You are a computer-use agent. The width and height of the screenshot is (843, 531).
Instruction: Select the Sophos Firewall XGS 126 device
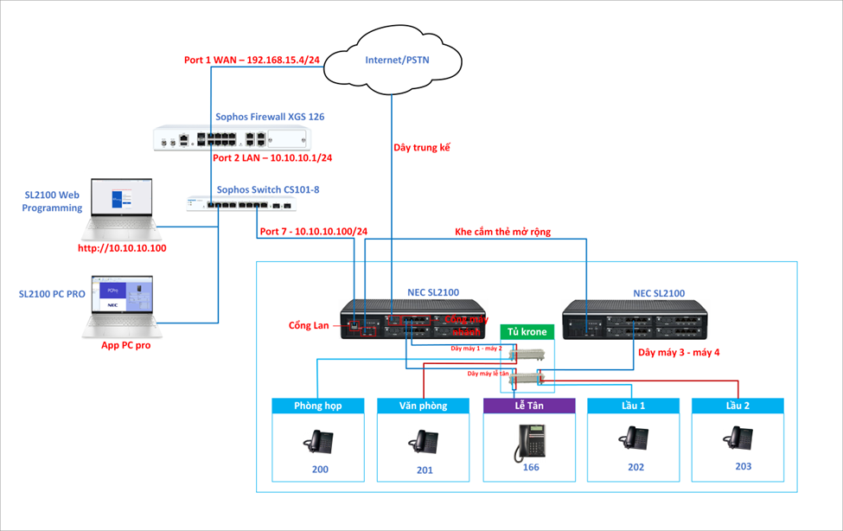232,138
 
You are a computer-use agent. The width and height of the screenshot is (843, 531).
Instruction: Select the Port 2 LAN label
273,158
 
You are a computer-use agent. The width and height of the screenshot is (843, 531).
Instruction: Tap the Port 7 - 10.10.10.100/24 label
313,232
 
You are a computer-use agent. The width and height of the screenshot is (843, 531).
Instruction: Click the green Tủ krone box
527,332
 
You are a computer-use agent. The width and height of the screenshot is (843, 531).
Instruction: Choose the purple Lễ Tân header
528,406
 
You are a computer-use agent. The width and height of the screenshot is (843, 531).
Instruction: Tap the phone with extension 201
423,443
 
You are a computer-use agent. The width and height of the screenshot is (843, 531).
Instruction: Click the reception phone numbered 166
528,440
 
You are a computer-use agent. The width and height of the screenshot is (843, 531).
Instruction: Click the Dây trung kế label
422,148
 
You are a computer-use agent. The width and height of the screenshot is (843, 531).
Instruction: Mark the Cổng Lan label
309,325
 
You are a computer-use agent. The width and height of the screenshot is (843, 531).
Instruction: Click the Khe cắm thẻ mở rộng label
502,232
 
